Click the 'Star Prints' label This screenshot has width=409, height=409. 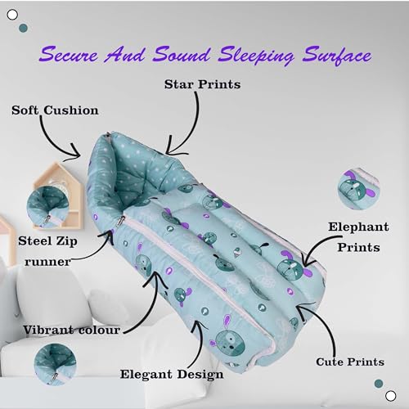(202, 84)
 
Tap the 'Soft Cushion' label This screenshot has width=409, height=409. (55, 110)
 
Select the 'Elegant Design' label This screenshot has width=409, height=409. (172, 375)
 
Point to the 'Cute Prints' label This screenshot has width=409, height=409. (350, 362)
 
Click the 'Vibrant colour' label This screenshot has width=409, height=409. (71, 330)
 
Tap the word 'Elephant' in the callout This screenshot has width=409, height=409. (358, 227)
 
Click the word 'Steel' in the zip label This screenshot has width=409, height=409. (34, 241)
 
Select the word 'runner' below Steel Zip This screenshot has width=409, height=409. (47, 262)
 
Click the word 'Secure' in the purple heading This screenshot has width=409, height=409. (68, 54)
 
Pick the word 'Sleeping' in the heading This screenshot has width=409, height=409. (255, 56)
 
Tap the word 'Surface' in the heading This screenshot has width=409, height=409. (337, 56)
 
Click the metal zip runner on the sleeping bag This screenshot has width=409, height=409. (120, 221)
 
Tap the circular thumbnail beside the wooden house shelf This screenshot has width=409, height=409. (47, 207)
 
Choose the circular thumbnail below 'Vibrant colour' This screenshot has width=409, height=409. (55, 365)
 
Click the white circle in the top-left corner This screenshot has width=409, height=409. (12, 15)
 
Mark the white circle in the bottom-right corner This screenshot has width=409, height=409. (391, 396)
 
